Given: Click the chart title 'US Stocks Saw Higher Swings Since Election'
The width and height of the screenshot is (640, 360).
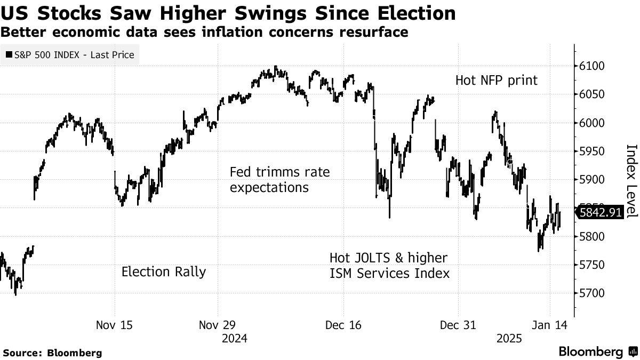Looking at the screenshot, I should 228,13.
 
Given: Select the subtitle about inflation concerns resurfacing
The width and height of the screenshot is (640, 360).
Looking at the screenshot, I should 204,33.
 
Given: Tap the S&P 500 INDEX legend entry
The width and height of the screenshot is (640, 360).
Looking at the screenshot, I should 70,54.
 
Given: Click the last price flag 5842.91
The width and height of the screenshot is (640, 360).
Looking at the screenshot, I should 601,213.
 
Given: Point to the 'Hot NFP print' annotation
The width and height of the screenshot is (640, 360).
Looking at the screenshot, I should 497,81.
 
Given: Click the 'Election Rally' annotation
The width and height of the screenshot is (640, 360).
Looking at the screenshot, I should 164,271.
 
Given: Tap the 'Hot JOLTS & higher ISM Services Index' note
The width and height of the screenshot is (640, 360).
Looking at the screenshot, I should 389,266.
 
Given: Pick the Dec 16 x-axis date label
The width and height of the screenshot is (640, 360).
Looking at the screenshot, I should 343,325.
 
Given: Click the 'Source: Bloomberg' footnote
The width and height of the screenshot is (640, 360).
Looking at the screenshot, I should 52,353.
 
